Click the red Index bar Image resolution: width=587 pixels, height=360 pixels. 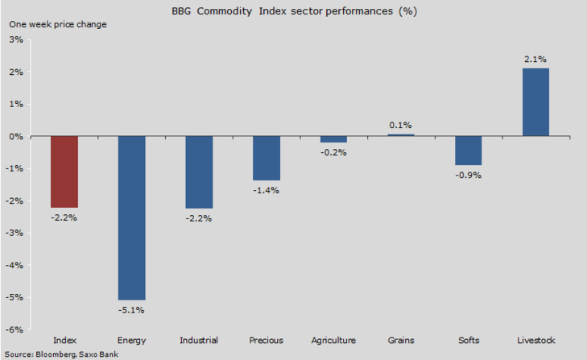64,172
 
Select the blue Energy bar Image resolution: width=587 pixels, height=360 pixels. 131,217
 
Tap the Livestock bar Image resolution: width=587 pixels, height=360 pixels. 535,102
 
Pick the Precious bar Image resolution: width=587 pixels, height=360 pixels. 267,158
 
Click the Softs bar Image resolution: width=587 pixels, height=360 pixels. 468,151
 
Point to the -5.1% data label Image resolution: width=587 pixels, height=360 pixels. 131,310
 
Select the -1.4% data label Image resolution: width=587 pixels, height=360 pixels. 267,190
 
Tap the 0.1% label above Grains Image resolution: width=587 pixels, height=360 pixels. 400,125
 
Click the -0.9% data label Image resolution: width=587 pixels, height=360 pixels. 468,175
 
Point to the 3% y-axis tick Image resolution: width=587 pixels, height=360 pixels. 16,39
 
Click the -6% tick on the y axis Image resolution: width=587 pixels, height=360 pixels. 14,329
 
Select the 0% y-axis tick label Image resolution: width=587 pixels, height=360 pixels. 16,136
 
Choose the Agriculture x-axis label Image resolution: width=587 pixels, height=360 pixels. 333,341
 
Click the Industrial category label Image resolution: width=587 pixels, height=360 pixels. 199,341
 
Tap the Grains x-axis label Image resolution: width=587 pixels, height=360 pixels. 400,341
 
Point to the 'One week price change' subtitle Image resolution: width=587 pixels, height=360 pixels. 57,24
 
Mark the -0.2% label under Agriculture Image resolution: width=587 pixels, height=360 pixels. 333,152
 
